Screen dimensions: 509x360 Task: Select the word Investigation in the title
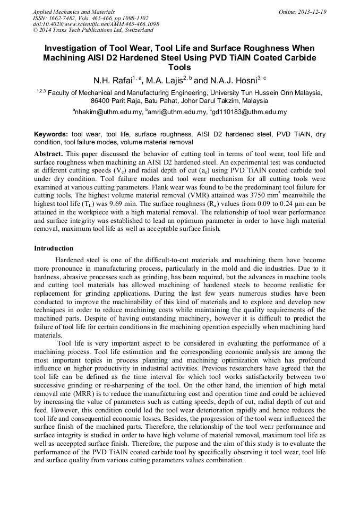71,48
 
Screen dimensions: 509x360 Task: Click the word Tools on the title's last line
179,68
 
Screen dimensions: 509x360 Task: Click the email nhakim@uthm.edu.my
108,112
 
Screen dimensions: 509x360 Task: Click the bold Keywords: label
52,135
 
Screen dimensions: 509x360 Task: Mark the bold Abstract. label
49,153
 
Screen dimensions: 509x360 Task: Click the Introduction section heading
54,248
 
